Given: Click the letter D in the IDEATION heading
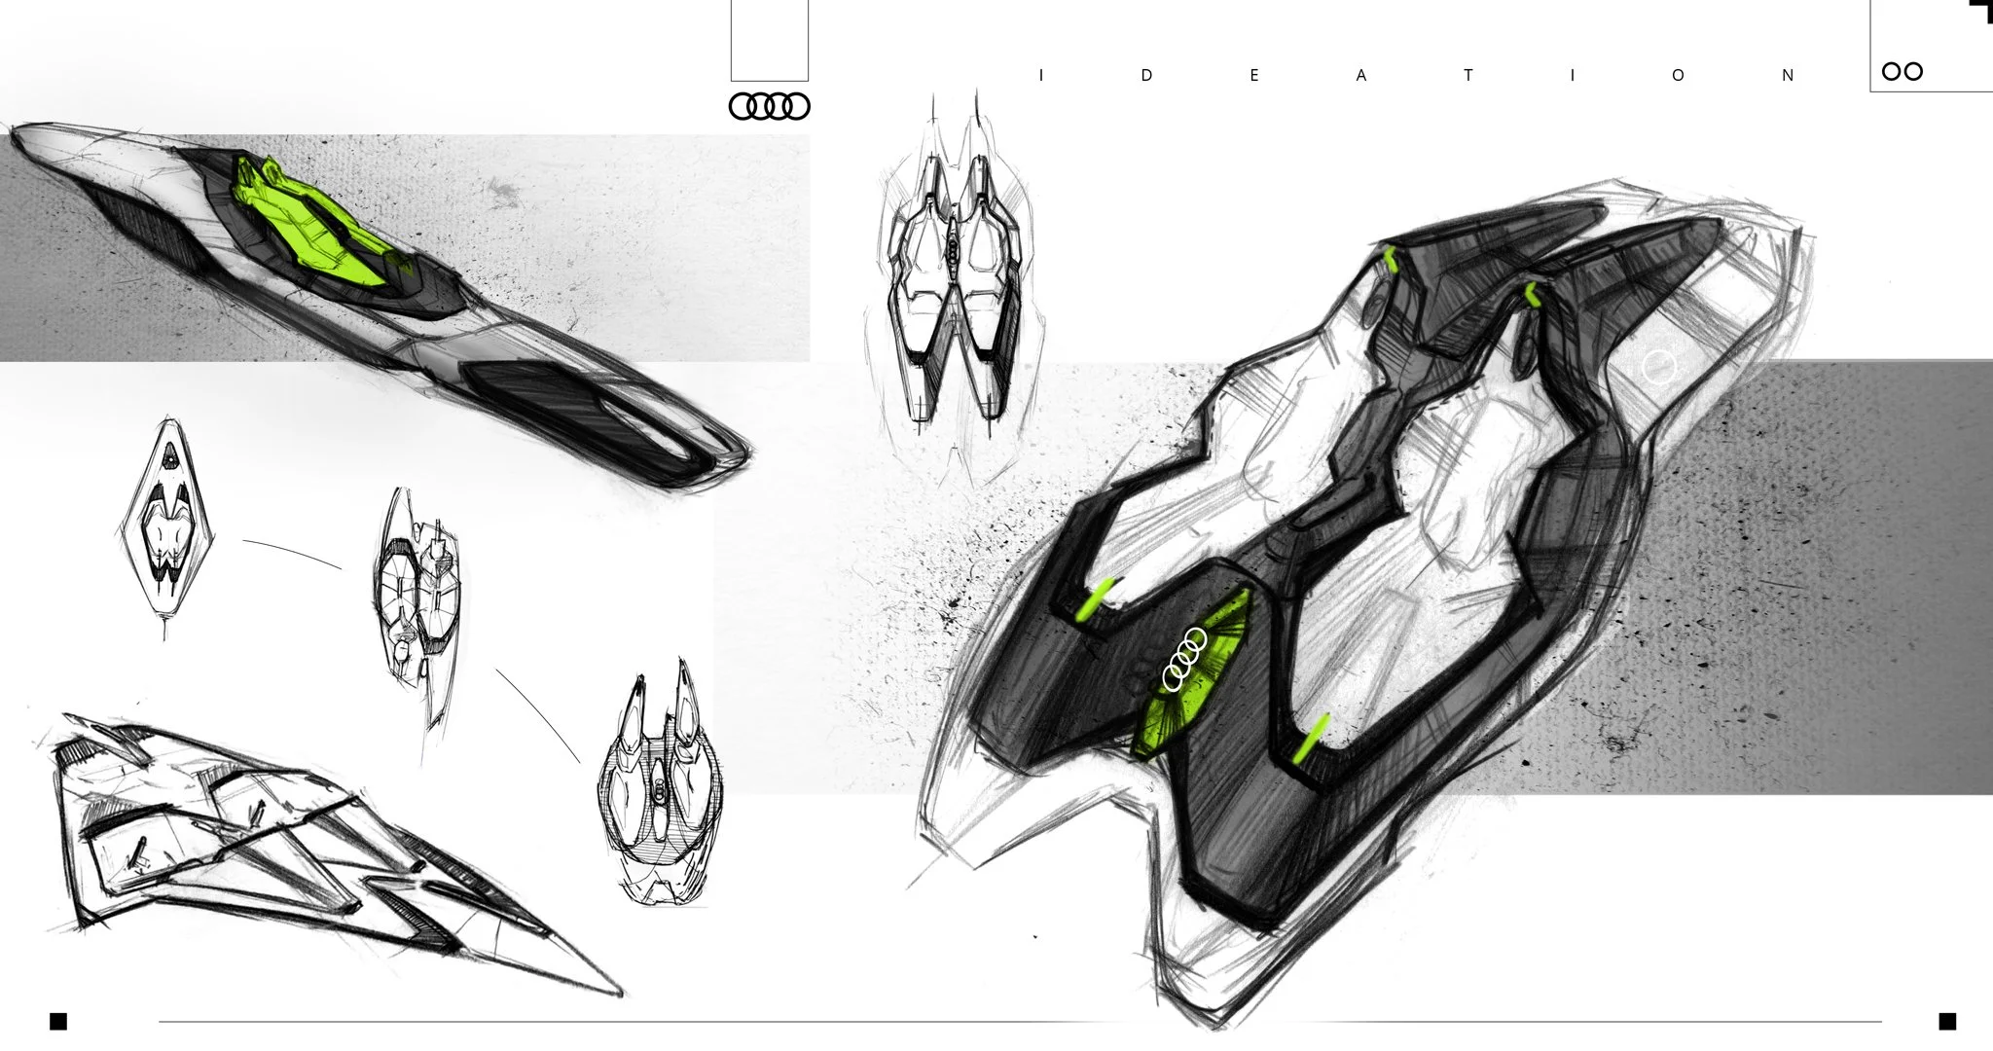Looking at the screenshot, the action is (x=1147, y=76).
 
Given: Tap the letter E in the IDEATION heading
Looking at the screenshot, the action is (x=1254, y=76).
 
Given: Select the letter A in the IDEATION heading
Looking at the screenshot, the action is (x=1361, y=76).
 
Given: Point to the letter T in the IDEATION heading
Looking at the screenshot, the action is (x=1468, y=76).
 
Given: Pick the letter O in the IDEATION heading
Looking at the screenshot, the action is (x=1678, y=76).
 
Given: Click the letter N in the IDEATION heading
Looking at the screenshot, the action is (x=1788, y=76).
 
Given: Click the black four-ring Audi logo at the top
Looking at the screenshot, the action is (x=769, y=106).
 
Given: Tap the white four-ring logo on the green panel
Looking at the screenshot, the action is (x=1184, y=659).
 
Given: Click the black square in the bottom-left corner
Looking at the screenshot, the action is (x=58, y=1021).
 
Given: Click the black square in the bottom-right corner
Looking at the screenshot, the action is (x=1947, y=1021).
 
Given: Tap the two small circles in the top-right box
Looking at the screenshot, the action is (x=1902, y=71).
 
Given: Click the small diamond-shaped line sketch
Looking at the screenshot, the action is (x=165, y=525).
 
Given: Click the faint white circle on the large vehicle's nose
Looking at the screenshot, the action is (x=1659, y=368).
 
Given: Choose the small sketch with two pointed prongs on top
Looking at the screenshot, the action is (x=659, y=779).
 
